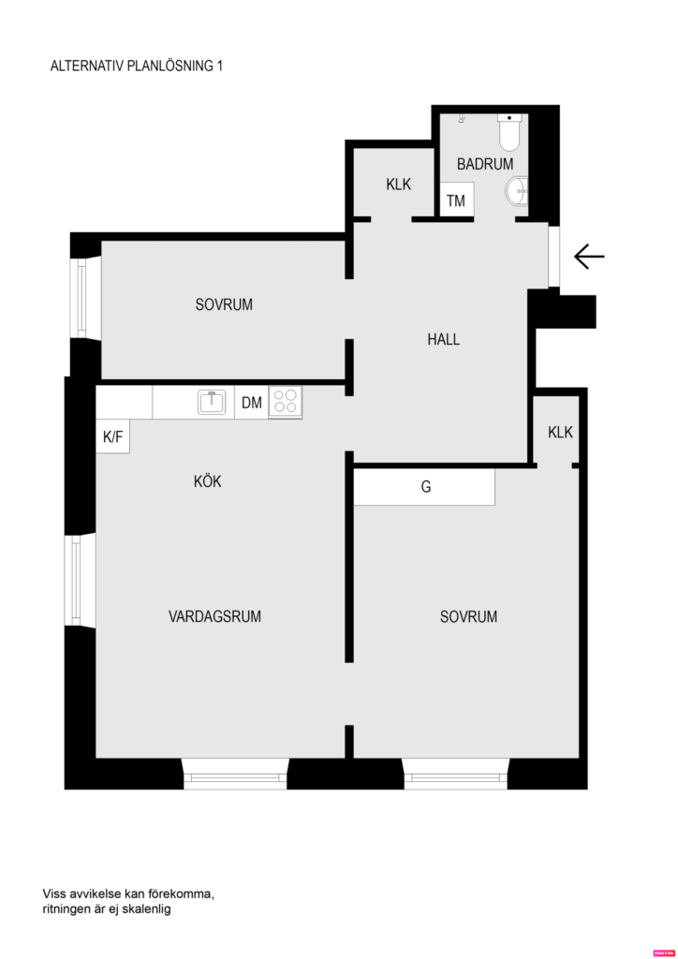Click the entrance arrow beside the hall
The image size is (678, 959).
589,256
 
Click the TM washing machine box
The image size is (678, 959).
456,200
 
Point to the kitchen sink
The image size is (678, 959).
213,403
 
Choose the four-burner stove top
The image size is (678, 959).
285,402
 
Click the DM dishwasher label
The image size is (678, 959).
251,404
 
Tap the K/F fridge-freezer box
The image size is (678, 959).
112,436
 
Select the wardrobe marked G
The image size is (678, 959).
424,487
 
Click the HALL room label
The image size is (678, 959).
443,340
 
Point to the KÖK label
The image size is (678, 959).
207,481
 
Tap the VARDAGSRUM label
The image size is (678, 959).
214,616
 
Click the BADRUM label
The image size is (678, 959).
484,164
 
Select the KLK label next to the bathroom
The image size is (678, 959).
398,184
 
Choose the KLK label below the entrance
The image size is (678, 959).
560,433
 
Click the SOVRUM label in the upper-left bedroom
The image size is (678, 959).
224,304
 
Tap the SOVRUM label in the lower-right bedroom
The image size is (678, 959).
468,616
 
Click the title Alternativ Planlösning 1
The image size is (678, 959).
137,66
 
